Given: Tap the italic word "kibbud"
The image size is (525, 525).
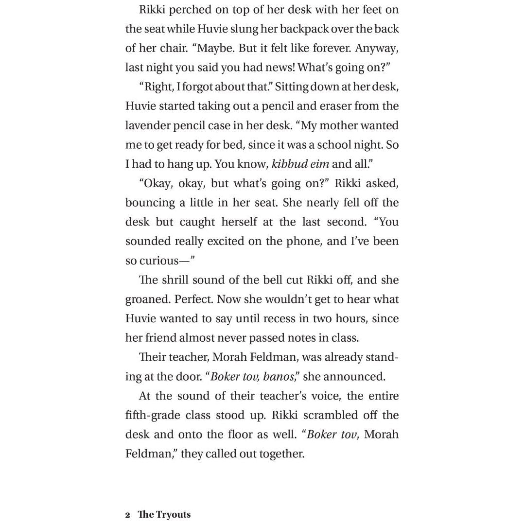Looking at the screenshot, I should click(289, 164).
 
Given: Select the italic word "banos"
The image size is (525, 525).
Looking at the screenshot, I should click(278, 377).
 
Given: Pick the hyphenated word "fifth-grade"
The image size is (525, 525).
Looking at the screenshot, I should click(155, 416).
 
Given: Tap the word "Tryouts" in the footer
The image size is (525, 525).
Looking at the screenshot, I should click(173, 515).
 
